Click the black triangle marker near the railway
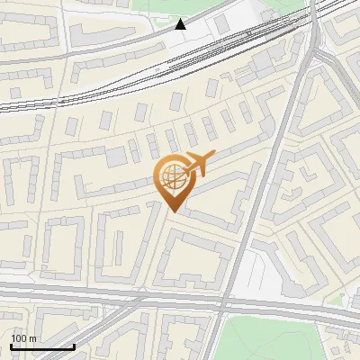[181, 23]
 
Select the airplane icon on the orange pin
[198, 164]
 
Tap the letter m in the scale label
[33, 338]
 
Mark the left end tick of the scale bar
[11, 346]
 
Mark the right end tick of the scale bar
[74, 346]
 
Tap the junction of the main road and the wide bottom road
[225, 301]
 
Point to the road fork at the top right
[314, 45]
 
